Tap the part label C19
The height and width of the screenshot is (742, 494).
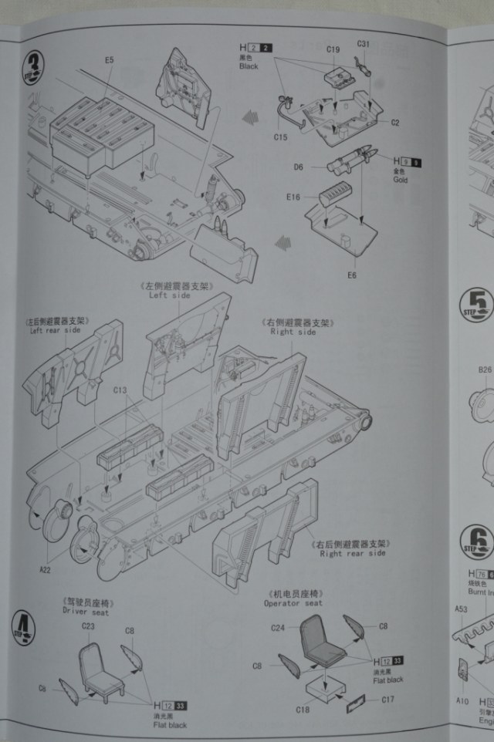[x=333, y=50]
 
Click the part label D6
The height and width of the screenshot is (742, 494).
[x=297, y=167]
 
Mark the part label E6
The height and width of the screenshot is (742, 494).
[x=351, y=275]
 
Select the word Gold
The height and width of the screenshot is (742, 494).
[x=401, y=180]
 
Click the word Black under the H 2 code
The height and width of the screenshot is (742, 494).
[x=248, y=66]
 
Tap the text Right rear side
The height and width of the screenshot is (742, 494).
[x=352, y=553]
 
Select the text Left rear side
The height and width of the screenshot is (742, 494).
[x=56, y=330]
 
